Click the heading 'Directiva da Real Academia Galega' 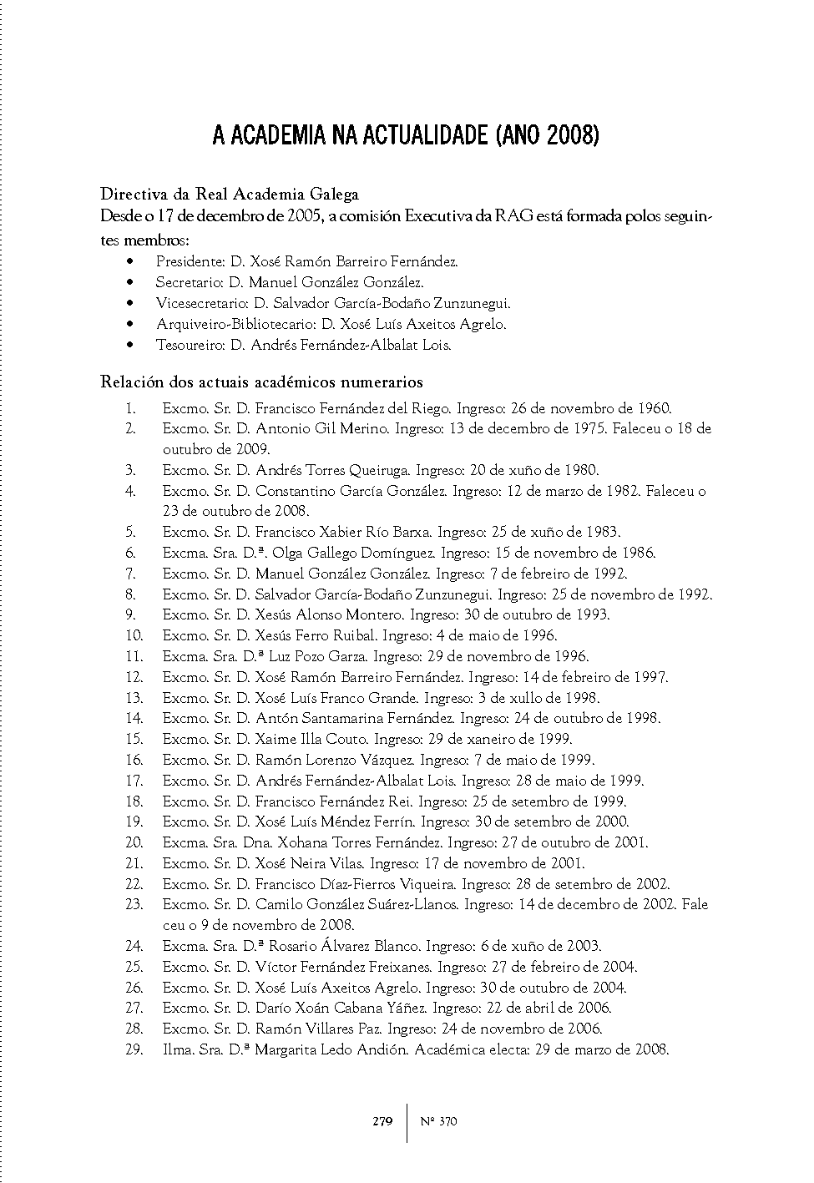coord(230,195)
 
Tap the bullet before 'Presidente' coord(129,261)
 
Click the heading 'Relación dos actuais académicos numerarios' coord(261,382)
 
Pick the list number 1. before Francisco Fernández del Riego coord(131,408)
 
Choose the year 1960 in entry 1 coord(655,408)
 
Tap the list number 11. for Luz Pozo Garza coord(134,656)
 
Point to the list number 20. coord(134,842)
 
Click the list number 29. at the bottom coord(134,1049)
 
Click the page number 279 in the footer coord(382,1121)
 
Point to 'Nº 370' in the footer coord(438,1121)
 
